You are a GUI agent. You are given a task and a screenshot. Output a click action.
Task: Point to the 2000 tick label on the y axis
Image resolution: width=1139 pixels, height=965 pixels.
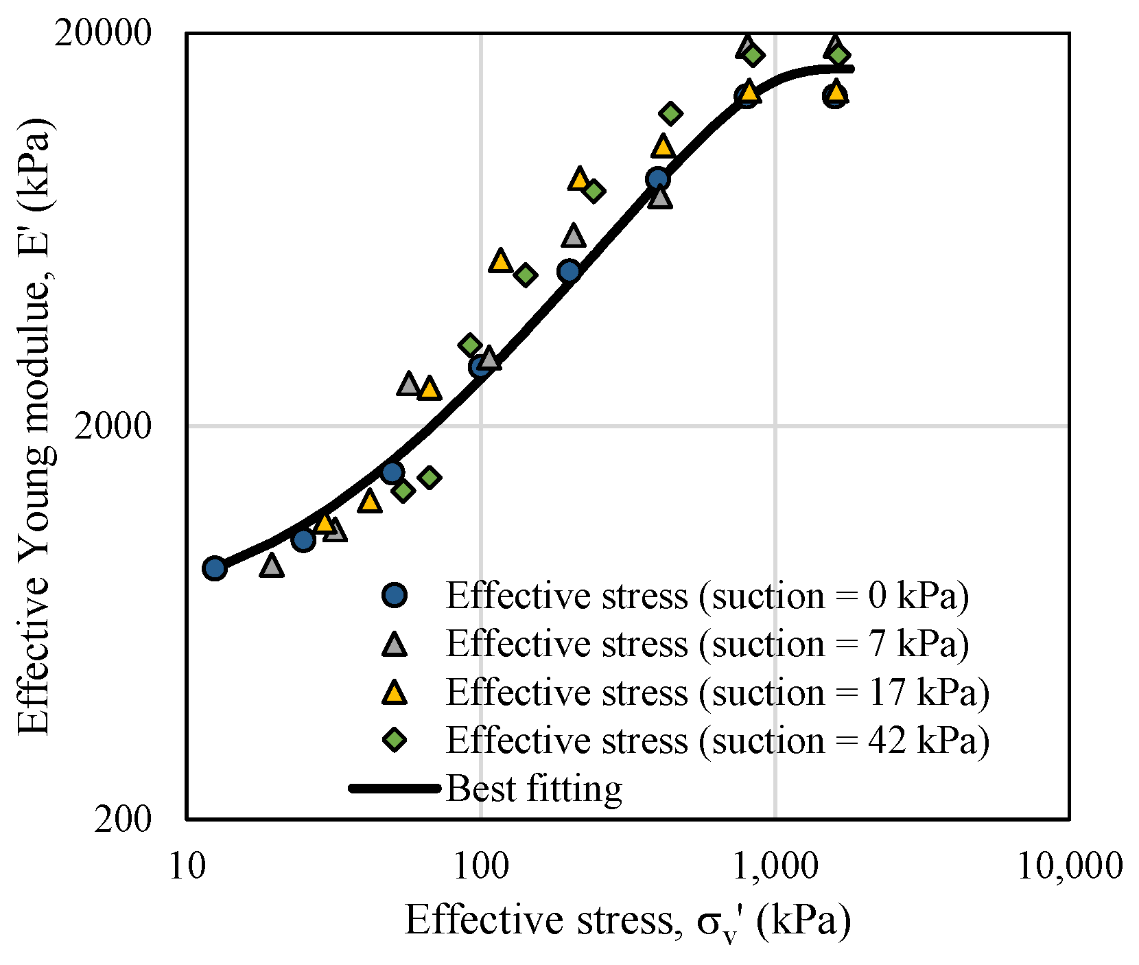pos(112,426)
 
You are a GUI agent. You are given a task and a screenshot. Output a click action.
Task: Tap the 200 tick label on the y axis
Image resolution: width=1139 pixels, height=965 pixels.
pos(122,819)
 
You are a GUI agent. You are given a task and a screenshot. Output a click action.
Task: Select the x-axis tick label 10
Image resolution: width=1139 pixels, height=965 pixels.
pos(186,866)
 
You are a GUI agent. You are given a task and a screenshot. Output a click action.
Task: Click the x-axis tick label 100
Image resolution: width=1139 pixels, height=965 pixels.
pos(480,866)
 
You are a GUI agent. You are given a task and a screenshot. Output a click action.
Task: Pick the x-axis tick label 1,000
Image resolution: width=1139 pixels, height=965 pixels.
pos(775,866)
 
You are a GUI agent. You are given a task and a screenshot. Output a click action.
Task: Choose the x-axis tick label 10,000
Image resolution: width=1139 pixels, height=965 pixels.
pos(1069,866)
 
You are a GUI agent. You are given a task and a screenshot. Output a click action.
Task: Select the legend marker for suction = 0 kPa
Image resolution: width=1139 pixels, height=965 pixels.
pos(395,595)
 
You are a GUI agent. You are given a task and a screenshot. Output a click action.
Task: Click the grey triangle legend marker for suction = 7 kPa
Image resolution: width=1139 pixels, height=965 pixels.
pos(395,644)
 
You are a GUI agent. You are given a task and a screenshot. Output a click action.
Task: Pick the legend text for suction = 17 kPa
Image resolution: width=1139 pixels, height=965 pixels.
pos(718,693)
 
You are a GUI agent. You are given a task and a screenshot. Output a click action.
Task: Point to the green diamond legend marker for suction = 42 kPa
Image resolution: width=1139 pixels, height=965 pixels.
pos(395,740)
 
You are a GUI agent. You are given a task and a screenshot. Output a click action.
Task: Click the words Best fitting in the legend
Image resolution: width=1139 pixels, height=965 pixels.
pos(534,789)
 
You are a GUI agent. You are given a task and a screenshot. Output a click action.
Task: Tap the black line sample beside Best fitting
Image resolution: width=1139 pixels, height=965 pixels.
pos(395,788)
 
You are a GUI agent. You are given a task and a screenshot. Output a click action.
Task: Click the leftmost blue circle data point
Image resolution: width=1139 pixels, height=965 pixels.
pos(215,568)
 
